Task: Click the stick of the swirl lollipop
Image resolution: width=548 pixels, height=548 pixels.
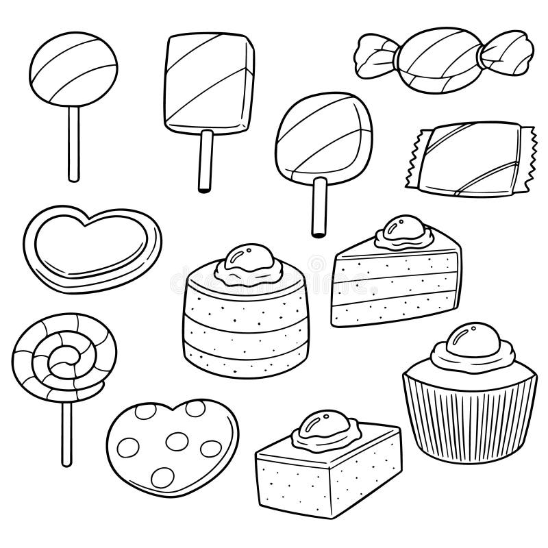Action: click(66, 428)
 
